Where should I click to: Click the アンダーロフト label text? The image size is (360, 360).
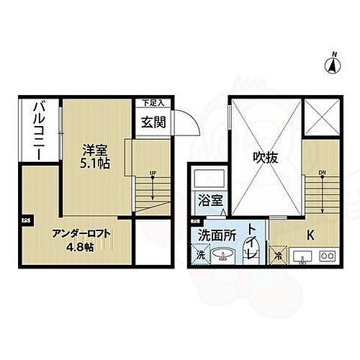pyautogui.click(x=82, y=233)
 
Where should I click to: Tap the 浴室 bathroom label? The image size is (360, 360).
pyautogui.click(x=206, y=202)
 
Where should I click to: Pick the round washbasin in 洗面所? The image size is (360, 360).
pyautogui.click(x=225, y=254)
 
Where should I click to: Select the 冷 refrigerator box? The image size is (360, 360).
pyautogui.click(x=279, y=255)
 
